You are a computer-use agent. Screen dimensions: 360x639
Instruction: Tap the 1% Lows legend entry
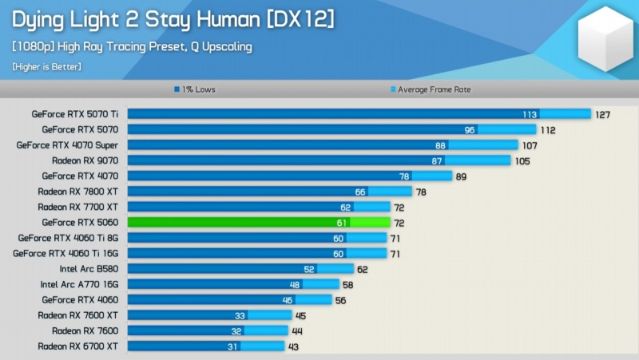(x=196, y=89)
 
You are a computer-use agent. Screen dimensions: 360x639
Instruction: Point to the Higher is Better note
(x=46, y=66)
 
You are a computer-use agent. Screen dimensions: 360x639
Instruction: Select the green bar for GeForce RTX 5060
(x=258, y=222)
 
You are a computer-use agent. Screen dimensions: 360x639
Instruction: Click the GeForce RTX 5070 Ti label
(x=75, y=114)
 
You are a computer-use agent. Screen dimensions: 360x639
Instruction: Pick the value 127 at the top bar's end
(x=602, y=114)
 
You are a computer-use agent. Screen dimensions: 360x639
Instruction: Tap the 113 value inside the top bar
(x=530, y=114)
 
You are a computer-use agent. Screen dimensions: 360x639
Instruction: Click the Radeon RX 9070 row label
(x=85, y=160)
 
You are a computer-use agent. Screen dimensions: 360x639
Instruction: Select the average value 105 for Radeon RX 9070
(x=522, y=160)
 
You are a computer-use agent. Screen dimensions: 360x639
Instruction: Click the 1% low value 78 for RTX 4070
(x=404, y=176)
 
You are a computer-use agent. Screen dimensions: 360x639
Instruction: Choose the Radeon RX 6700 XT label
(x=78, y=346)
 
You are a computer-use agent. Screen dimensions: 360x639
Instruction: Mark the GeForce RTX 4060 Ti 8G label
(x=69, y=238)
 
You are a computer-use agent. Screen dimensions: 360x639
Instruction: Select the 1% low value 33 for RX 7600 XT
(x=239, y=315)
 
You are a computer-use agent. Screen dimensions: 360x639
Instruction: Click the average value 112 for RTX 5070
(x=547, y=129)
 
